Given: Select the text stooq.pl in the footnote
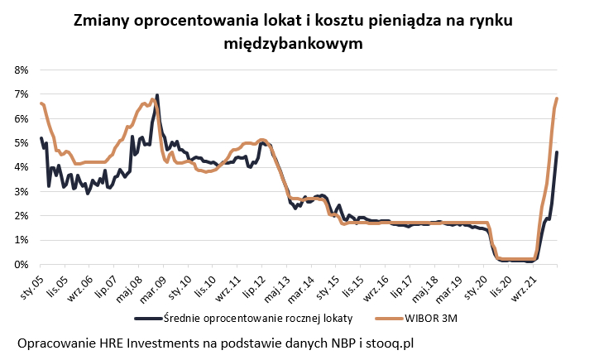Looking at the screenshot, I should point(386,343).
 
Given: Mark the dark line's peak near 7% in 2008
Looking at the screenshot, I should point(157,95).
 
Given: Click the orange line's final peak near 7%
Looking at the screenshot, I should point(557,98).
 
